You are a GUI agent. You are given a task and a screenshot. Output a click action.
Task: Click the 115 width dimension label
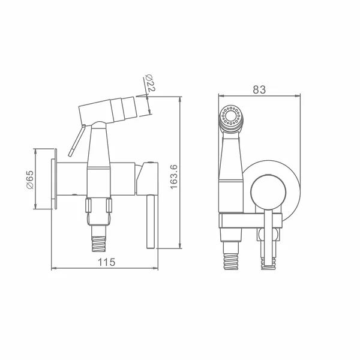tap(106, 262)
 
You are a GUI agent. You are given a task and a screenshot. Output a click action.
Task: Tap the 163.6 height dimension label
tap(174, 176)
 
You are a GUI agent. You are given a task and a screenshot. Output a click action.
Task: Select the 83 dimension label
tap(259, 89)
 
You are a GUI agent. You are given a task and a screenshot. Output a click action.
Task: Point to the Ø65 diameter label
tap(30, 179)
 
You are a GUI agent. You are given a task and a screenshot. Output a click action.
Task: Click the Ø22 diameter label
tap(150, 83)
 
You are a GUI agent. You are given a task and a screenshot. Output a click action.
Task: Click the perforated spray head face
tap(230, 116)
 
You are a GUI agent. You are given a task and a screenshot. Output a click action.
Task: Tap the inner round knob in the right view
tap(268, 192)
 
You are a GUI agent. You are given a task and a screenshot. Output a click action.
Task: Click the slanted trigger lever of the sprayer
tap(77, 141)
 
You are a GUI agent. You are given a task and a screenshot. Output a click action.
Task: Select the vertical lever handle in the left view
tap(151, 221)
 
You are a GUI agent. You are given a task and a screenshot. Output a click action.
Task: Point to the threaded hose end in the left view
tap(99, 244)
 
